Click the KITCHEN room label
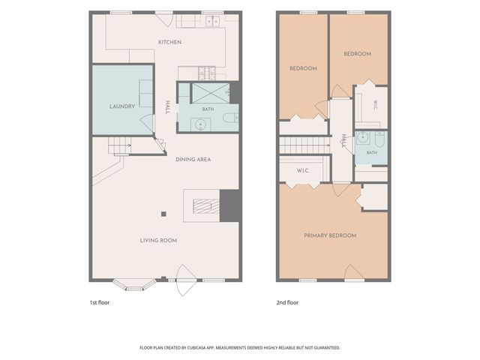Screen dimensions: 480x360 [x=170, y=42]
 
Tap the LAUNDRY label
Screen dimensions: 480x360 [x=122, y=106]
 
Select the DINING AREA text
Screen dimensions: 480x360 [x=193, y=160]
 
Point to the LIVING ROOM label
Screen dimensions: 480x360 [x=158, y=241]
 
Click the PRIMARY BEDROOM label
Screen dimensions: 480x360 [x=330, y=235]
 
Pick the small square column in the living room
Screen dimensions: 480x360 [x=163, y=214]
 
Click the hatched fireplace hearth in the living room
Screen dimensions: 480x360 [x=206, y=206]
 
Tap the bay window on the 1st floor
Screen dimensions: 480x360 [x=134, y=285]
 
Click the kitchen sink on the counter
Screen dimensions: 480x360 [x=213, y=22]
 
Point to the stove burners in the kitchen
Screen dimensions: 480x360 [x=207, y=73]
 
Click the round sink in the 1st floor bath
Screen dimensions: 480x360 [x=201, y=124]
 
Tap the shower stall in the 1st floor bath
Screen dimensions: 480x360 [x=210, y=93]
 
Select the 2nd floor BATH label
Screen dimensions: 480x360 [x=372, y=152]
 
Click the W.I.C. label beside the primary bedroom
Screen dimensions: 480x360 [x=303, y=171]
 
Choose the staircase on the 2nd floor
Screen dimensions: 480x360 [x=304, y=145]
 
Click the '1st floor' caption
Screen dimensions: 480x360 [x=100, y=302]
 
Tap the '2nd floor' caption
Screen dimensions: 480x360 [x=287, y=302]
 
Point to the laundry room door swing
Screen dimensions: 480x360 [x=147, y=122]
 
